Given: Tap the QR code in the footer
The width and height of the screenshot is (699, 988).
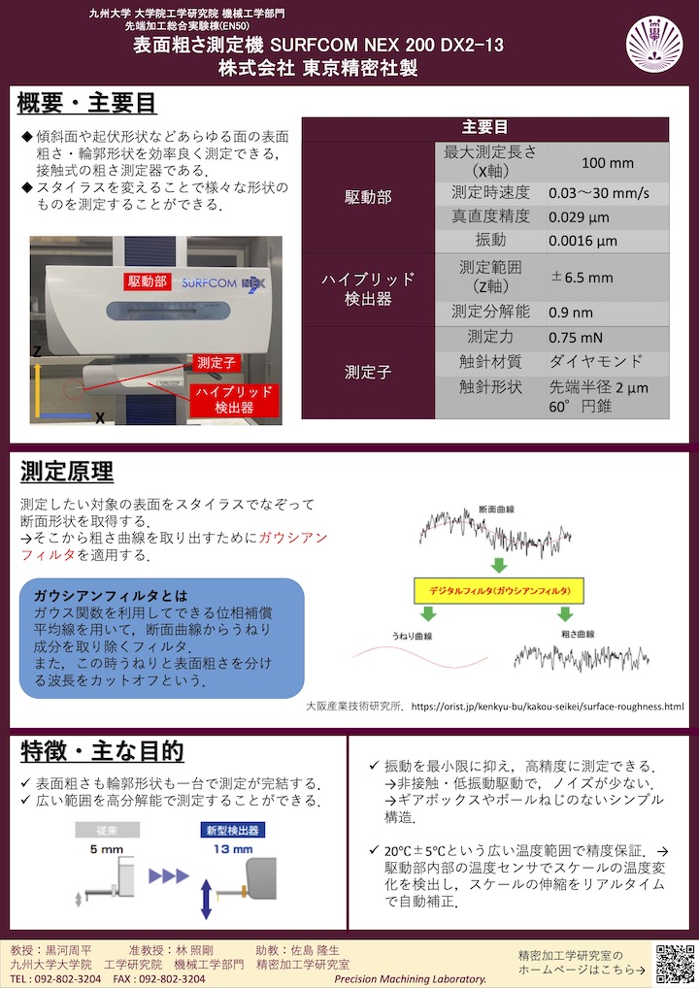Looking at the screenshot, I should (675, 963).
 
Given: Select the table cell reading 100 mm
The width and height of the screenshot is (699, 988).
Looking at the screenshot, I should (607, 162).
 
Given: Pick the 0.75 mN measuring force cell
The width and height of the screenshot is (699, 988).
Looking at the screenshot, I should (576, 338).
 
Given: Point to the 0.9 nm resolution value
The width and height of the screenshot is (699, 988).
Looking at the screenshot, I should (570, 313).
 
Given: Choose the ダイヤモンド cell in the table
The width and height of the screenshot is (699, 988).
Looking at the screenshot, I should (595, 361).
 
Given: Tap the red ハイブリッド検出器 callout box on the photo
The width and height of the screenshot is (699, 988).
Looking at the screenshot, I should (235, 400).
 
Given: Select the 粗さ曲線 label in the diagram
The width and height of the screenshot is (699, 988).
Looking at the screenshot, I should (578, 633).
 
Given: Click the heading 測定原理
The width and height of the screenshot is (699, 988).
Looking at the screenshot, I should (67, 473).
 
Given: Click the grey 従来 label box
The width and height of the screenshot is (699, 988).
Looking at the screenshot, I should (107, 831).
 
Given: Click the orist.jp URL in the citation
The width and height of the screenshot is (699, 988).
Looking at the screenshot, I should (548, 707).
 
